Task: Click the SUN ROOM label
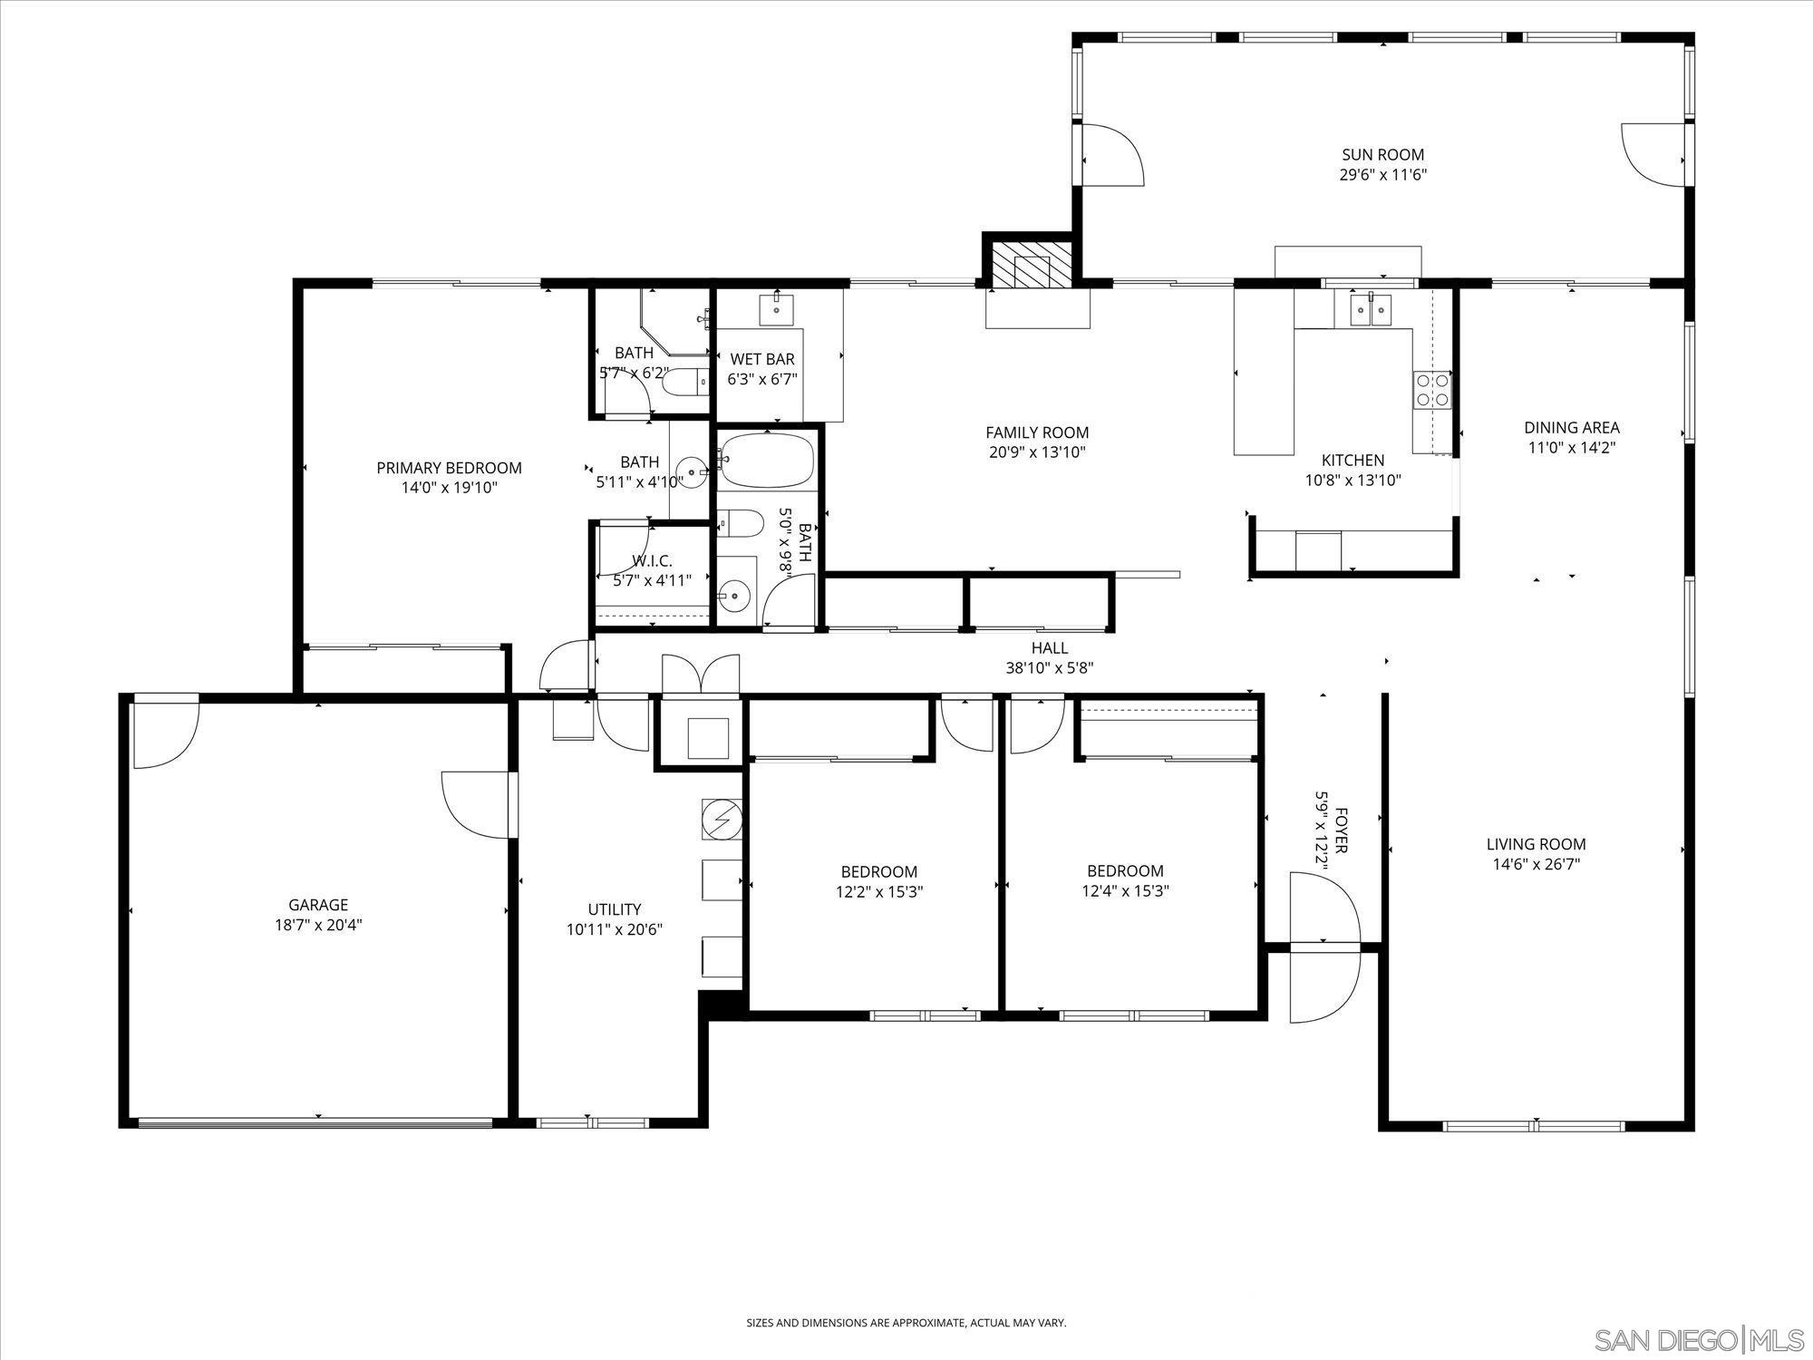[1382, 155]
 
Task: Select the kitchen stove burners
[1430, 390]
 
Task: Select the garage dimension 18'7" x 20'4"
[318, 925]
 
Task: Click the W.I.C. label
[652, 561]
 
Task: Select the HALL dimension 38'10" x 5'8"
[1049, 668]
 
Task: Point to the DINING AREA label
[1571, 428]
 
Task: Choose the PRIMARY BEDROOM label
[449, 468]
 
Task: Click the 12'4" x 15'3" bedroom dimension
[1125, 890]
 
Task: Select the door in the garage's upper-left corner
[163, 732]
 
